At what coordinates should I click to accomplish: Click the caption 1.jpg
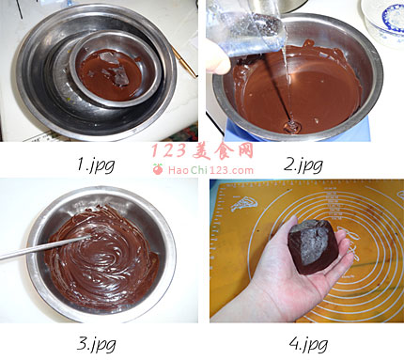pos(96,164)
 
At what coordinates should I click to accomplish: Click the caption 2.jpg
pos(303,165)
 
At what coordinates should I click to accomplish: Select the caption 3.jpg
pos(96,345)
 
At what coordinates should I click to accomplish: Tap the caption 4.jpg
pos(308,344)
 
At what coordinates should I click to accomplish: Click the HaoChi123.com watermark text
pos(210,170)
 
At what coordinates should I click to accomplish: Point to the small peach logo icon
pos(158,169)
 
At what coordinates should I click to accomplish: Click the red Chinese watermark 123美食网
pos(202,151)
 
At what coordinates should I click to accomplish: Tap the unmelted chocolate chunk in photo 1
pos(117,71)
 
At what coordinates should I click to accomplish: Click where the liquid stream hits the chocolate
pos(291,125)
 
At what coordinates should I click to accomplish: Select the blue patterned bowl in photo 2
pos(383,22)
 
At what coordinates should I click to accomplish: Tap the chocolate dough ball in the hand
pos(313,247)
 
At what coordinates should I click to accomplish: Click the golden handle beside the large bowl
pos(184,62)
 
